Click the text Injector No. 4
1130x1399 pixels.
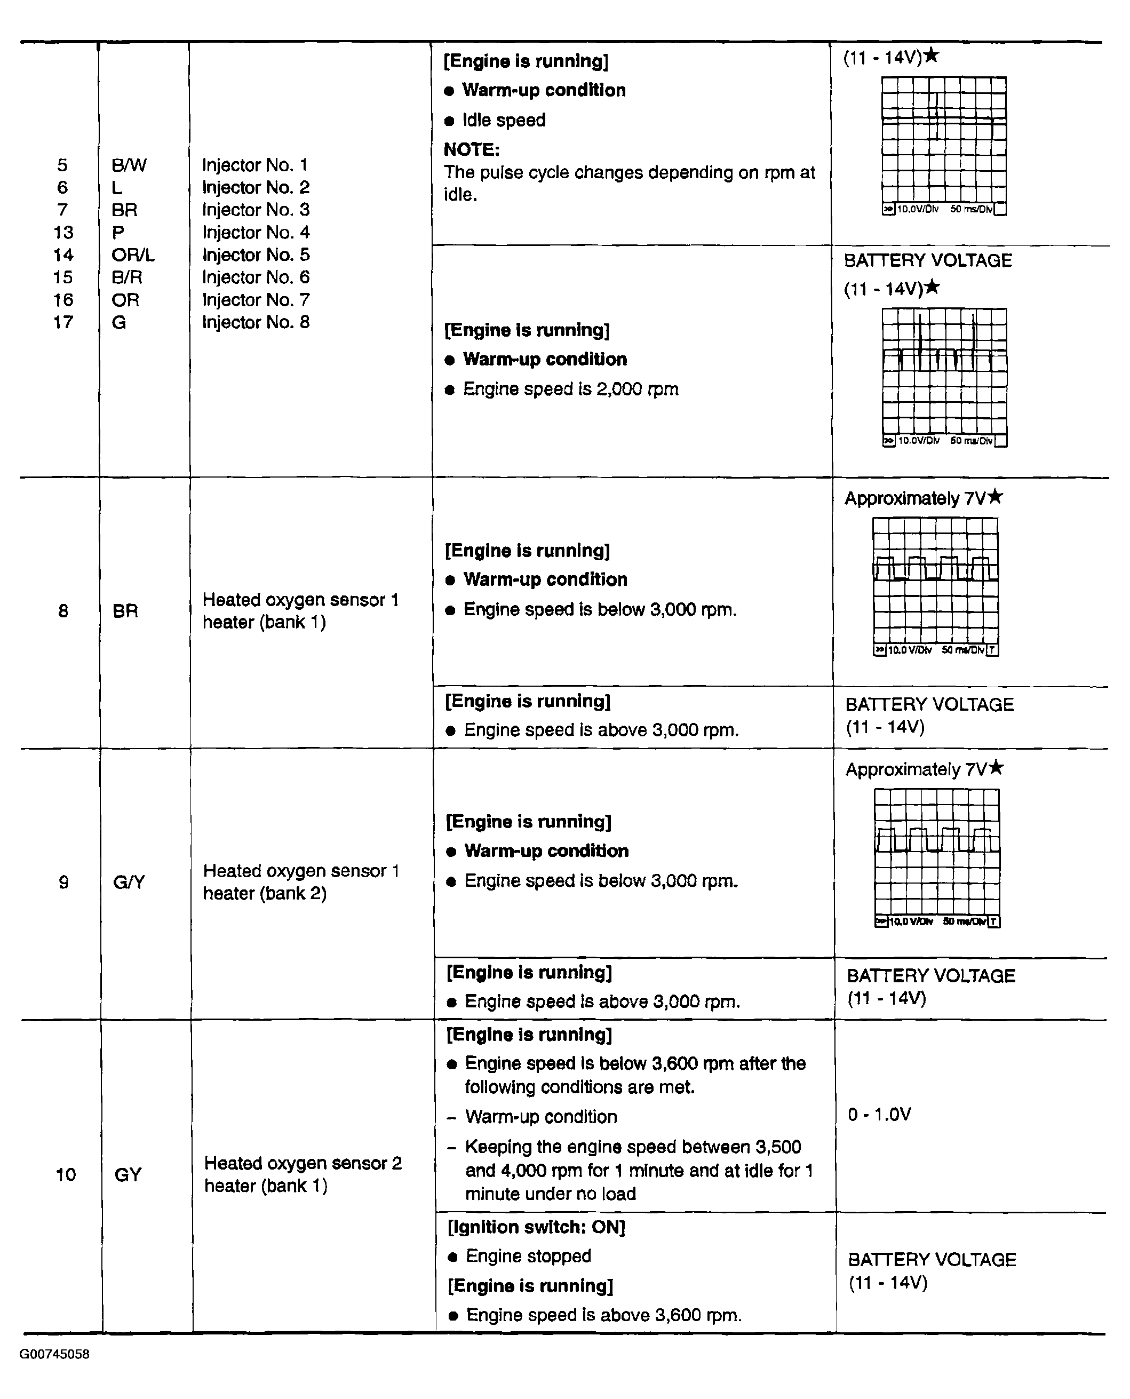[x=255, y=233]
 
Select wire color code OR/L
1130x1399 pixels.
[x=133, y=255]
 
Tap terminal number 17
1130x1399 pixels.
[x=63, y=322]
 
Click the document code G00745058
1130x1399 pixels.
[x=54, y=1354]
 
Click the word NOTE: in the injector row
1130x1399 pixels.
[x=471, y=150]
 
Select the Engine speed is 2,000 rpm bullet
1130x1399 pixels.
[x=570, y=390]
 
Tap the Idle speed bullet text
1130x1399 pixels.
[x=504, y=121]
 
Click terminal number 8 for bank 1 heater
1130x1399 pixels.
[x=63, y=610]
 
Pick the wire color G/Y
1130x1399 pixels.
[x=128, y=882]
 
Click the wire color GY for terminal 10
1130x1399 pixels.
[x=128, y=1174]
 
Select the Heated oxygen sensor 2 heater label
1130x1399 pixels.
[x=303, y=1174]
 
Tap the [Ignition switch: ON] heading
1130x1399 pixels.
[x=536, y=1227]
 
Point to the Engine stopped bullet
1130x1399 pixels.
[x=528, y=1257]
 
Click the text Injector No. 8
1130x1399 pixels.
[x=255, y=322]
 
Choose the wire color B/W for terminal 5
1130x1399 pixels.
[x=129, y=165]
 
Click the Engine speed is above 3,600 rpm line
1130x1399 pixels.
[x=603, y=1315]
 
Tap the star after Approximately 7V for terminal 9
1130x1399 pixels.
[x=996, y=768]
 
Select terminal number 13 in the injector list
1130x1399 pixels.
[x=63, y=233]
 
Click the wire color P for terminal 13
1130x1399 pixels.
[x=118, y=233]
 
